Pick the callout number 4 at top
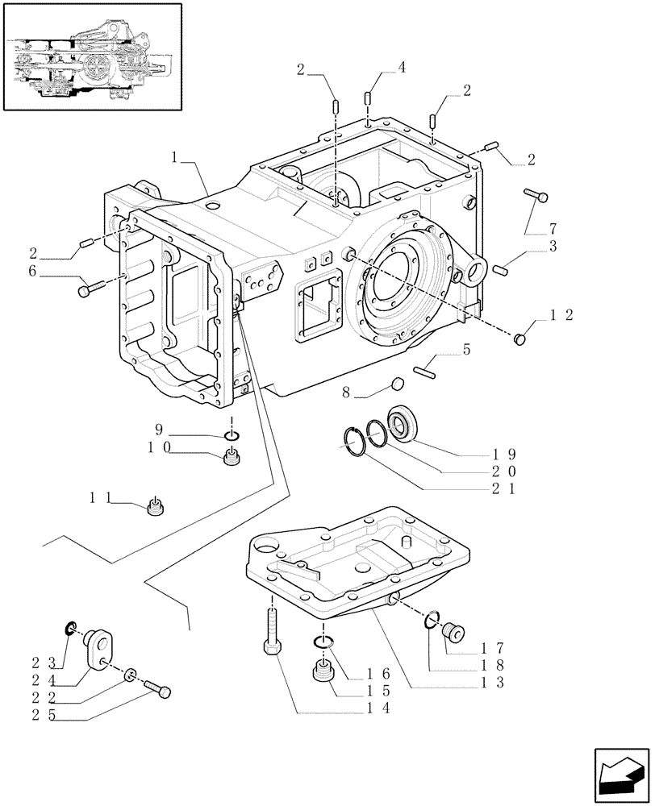coord(402,68)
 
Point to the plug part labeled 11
coord(156,509)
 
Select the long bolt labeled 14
coord(271,633)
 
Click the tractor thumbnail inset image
coord(91,56)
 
